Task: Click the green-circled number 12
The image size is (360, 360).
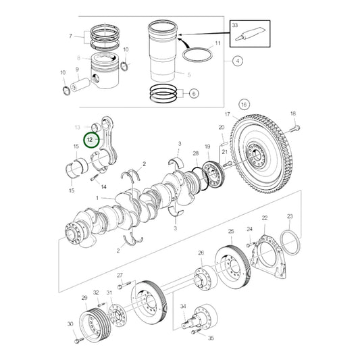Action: click(x=89, y=140)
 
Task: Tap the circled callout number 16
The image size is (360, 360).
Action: click(x=244, y=105)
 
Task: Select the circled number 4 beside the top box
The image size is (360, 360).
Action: click(x=237, y=61)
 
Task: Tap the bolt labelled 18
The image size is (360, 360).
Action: click(x=295, y=126)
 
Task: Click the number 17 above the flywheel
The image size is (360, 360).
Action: click(x=228, y=114)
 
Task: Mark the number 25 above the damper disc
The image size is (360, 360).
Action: click(x=230, y=232)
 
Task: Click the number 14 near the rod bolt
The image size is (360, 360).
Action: click(x=103, y=186)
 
